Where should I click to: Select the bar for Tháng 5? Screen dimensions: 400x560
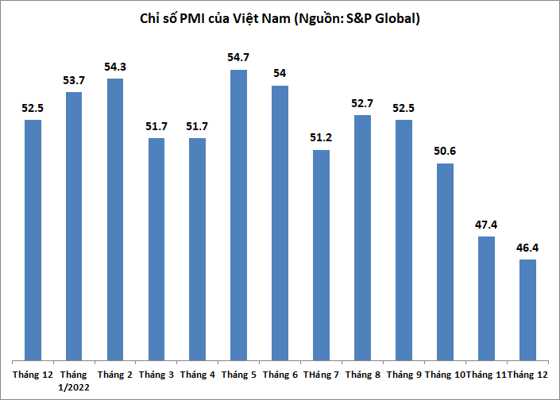[x=238, y=214]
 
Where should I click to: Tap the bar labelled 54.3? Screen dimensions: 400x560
[x=115, y=218]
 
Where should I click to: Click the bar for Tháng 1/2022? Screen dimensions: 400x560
[x=74, y=225]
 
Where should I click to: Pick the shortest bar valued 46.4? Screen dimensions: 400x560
[x=527, y=310]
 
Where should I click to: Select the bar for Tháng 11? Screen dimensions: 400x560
[x=485, y=298]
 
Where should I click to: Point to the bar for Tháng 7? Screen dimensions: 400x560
[x=321, y=254]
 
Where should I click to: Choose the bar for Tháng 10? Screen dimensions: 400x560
[x=445, y=261]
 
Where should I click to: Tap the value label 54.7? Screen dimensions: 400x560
[x=238, y=59]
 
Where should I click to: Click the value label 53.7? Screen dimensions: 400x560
[x=74, y=81]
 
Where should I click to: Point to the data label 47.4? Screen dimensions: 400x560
[x=485, y=225]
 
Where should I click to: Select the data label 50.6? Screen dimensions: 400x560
[x=445, y=152]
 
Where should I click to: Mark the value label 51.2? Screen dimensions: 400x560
[x=321, y=138]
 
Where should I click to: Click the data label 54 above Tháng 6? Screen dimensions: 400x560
[x=280, y=74]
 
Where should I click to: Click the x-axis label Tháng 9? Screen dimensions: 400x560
[x=404, y=374]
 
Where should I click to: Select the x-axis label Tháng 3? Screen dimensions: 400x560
[x=156, y=374]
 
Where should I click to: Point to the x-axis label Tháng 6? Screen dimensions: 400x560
[x=280, y=374]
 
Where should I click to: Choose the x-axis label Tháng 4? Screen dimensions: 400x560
[x=198, y=374]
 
